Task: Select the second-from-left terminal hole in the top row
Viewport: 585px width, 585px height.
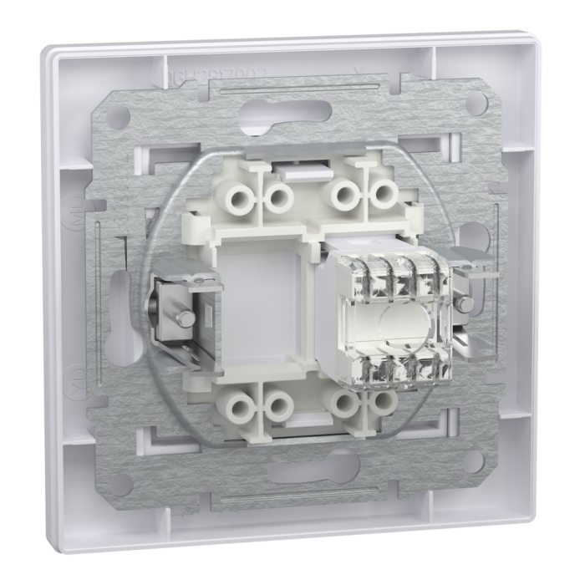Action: coord(278,198)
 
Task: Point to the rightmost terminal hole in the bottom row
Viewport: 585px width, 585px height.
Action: coord(384,402)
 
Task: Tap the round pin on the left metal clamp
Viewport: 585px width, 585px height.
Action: coord(181,318)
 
